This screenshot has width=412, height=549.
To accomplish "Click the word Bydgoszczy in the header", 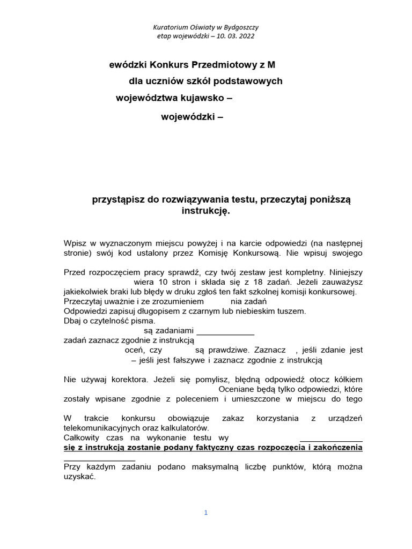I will pos(241,27).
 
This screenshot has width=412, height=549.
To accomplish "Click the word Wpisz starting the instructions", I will pos(75,243).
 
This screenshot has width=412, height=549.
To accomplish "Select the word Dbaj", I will pos(73,321).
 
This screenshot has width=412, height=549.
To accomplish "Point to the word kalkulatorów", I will pos(181,428).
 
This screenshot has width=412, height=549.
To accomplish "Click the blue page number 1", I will pos(205,513).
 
